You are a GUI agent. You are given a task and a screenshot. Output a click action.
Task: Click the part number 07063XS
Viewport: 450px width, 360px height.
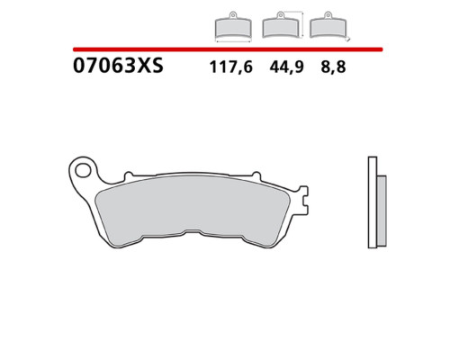[x=118, y=66]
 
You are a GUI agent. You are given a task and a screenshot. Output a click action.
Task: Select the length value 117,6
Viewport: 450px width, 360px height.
[x=231, y=67]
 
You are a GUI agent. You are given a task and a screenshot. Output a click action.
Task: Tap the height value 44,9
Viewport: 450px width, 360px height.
[x=286, y=67]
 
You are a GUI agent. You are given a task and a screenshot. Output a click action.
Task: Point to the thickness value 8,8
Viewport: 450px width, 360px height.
[x=333, y=67]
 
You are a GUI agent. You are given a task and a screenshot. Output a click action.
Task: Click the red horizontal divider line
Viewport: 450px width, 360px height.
[x=228, y=49]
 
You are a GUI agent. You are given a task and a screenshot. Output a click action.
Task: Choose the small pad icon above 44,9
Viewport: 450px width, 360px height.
[x=281, y=24]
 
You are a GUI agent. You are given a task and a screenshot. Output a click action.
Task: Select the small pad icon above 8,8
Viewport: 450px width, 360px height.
[x=328, y=24]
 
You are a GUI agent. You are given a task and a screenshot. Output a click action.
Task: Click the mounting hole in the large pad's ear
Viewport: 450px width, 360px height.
[x=82, y=170]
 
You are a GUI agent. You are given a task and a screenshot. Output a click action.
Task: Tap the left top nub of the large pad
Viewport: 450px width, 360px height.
[x=129, y=175]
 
